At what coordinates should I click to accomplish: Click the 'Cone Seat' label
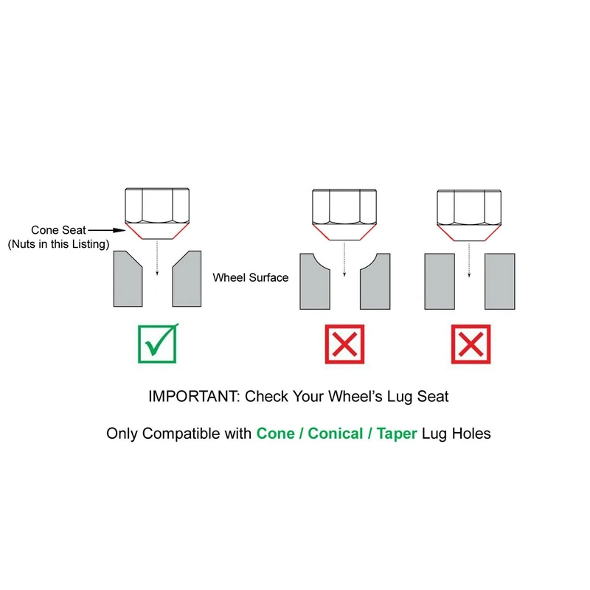click(x=58, y=230)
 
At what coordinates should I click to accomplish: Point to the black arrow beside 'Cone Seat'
click(x=107, y=230)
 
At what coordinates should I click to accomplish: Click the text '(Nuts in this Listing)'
click(x=58, y=244)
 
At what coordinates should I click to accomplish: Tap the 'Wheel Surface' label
click(x=251, y=278)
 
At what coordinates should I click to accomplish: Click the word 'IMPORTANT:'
click(x=194, y=396)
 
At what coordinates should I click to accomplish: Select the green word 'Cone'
click(x=275, y=434)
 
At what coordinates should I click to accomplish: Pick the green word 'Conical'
click(x=336, y=434)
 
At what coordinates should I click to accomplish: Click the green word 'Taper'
click(x=397, y=434)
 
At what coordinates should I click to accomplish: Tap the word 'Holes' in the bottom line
click(x=471, y=434)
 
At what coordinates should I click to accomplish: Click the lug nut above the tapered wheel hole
click(x=157, y=213)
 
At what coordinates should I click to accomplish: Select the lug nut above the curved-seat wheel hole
click(x=344, y=215)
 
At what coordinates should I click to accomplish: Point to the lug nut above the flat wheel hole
click(x=469, y=215)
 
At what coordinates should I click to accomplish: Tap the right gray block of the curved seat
click(x=375, y=283)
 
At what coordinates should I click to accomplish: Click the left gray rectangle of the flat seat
click(x=440, y=282)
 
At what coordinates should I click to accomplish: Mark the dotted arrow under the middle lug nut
click(x=344, y=260)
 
